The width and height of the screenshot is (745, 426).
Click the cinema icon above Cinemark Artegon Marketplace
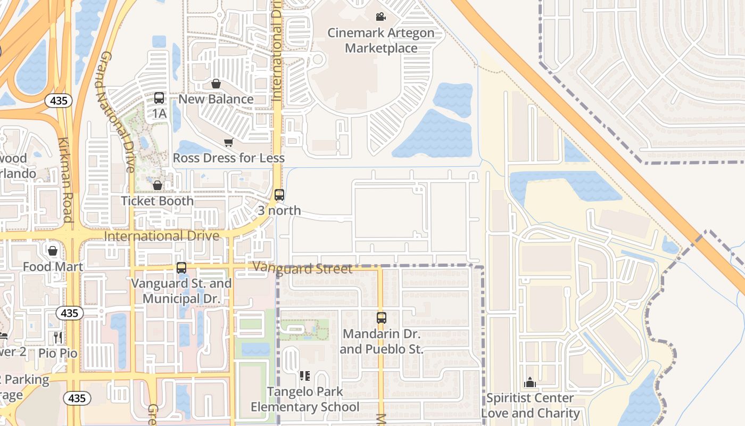point(380,17)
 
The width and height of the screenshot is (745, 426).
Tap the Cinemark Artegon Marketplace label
point(380,40)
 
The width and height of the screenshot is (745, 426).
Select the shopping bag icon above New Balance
point(216,84)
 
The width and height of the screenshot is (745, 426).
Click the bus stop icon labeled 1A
point(159,98)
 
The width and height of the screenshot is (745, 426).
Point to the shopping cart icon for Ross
point(228,142)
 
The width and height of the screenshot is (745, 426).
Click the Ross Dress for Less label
point(228,158)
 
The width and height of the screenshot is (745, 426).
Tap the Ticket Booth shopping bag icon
point(158,185)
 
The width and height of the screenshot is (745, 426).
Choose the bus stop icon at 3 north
point(279,195)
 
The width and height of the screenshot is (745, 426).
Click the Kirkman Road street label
point(65,180)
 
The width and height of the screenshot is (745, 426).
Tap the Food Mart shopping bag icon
point(53,251)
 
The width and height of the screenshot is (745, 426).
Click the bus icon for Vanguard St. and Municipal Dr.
point(181,268)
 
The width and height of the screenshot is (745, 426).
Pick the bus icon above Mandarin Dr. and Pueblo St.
point(382,318)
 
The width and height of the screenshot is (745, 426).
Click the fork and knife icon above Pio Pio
point(59,337)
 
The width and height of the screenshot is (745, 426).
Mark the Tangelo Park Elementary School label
point(305,399)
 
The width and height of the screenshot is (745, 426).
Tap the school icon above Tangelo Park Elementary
point(305,376)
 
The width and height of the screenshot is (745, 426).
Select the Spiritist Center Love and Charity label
point(530,406)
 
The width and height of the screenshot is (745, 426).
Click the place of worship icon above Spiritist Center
point(530,382)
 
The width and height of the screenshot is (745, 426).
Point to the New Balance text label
point(216,100)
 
